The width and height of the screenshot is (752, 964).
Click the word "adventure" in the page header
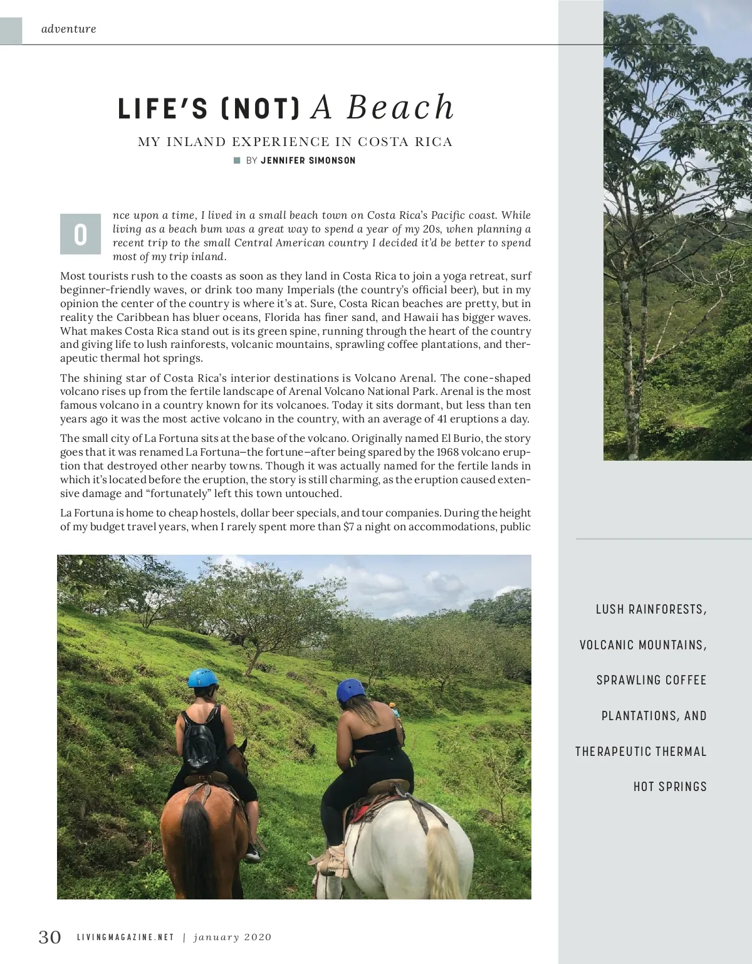68,29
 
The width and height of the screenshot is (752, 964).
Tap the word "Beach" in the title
400,107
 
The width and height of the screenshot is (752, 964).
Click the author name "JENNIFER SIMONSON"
308,160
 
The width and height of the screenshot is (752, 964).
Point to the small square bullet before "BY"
237,160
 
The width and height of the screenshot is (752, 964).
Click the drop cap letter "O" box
80,234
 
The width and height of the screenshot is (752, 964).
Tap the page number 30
50,937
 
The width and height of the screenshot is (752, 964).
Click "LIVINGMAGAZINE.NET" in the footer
125,938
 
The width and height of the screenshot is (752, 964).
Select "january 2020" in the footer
232,938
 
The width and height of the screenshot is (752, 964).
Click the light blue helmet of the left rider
202,678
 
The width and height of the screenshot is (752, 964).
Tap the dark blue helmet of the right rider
350,690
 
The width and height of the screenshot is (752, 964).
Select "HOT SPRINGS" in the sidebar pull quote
670,787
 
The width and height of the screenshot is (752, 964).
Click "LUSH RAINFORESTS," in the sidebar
651,609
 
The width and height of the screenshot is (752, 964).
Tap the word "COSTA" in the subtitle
383,142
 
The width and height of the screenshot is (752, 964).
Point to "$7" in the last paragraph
348,527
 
